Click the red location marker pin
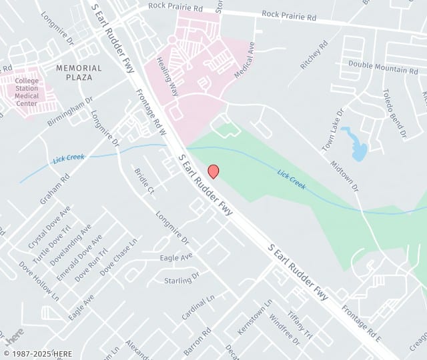(x=213, y=171)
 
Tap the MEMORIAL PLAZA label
(x=79, y=73)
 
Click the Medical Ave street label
(x=245, y=60)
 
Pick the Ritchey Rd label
(x=315, y=55)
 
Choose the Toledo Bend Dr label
(x=394, y=113)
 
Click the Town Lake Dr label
(x=332, y=127)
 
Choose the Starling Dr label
(x=181, y=277)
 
